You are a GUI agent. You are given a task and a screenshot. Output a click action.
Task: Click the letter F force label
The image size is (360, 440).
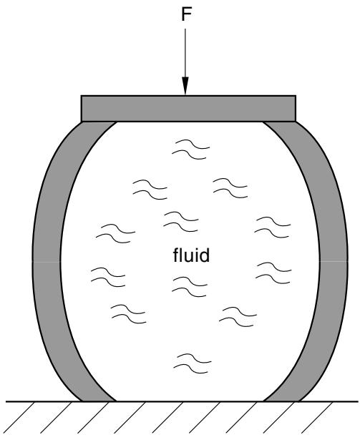[x=186, y=14]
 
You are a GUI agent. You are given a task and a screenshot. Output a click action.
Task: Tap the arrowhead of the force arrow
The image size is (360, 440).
[x=185, y=86]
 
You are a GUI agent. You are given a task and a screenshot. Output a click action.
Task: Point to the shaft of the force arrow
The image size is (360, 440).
[x=185, y=53]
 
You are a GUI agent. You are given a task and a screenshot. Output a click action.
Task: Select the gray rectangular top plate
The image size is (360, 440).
[x=188, y=109]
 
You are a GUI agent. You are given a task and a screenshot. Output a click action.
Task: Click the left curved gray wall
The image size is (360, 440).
[x=47, y=261]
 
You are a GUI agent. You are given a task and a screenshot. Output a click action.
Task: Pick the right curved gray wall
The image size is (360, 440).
[x=334, y=261]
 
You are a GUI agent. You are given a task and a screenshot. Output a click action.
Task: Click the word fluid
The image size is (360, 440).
[x=191, y=255]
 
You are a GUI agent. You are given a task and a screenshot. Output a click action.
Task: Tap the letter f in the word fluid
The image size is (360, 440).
[x=175, y=255]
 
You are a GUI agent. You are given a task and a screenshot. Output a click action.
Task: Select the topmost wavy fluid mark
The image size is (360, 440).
[x=190, y=150]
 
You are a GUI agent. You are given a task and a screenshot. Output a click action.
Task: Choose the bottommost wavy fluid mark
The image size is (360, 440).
[x=192, y=363]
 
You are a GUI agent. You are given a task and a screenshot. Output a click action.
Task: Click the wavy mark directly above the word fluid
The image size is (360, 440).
[x=181, y=222]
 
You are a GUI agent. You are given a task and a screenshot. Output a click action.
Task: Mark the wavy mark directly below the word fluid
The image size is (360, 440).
[x=190, y=287]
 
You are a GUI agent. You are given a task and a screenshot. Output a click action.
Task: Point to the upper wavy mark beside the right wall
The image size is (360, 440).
[x=273, y=228]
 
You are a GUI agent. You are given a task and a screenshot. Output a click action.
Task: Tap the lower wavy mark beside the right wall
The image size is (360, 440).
[x=273, y=273]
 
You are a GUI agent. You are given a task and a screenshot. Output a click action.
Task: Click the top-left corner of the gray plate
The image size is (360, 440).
[x=81, y=96]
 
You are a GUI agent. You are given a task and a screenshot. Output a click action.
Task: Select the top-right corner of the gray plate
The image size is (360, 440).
[x=296, y=96]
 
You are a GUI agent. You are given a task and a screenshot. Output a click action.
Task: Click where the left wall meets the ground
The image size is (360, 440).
[x=98, y=401]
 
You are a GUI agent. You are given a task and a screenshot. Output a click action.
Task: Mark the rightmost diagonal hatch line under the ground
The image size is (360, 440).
[x=317, y=417]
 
